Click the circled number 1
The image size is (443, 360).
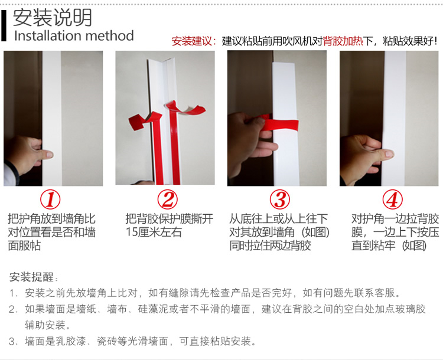click(x=50, y=199)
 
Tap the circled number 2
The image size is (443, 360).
click(x=168, y=199)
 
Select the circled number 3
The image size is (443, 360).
click(x=280, y=199)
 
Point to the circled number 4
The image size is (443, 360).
click(x=392, y=199)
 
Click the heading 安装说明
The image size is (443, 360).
click(x=53, y=18)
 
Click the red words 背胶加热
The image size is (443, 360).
click(x=343, y=41)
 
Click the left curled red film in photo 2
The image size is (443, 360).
click(x=145, y=119)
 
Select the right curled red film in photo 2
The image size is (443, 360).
click(x=185, y=109)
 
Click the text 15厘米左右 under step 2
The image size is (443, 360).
click(x=154, y=232)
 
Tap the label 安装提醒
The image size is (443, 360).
click(x=31, y=277)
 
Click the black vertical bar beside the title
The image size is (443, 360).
click(x=4, y=26)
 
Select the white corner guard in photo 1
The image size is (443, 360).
click(x=52, y=118)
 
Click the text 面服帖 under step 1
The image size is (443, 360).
click(x=24, y=246)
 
